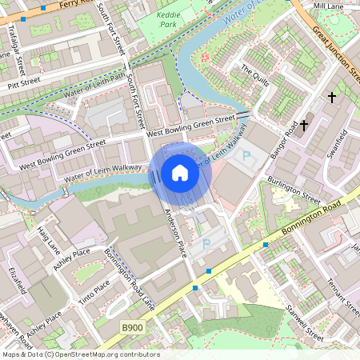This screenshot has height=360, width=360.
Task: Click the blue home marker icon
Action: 179,173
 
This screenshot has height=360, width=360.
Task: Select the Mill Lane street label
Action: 327,6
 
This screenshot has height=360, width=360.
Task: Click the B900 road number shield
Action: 133,327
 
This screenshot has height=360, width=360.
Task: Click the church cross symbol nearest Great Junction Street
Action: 331,97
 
